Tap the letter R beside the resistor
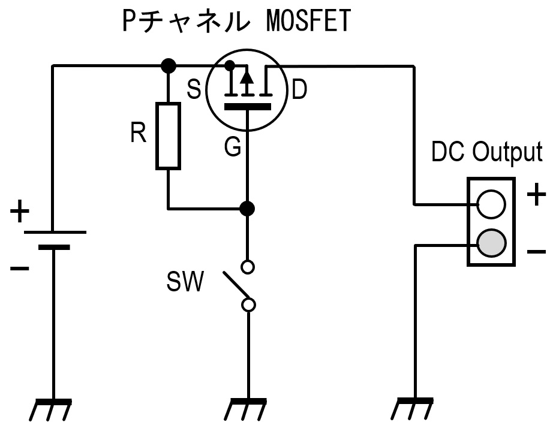pos(139,133)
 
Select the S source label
pos(194,89)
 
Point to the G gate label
pos(233,146)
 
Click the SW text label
pos(185,281)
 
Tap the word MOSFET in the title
pos(308,20)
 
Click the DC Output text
pos(487,152)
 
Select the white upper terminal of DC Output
pos(491,204)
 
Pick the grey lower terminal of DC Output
pos(491,243)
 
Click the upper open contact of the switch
pos(248,267)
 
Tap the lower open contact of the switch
pos(248,305)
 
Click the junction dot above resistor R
pos(169,65)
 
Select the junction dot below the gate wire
pos(247,209)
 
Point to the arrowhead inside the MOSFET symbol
pos(247,77)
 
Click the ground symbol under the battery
pos(51,409)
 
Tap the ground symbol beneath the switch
pos(246,409)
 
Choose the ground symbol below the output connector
pos(412,409)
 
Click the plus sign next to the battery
pos(20,211)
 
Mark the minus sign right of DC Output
pos(536,252)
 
